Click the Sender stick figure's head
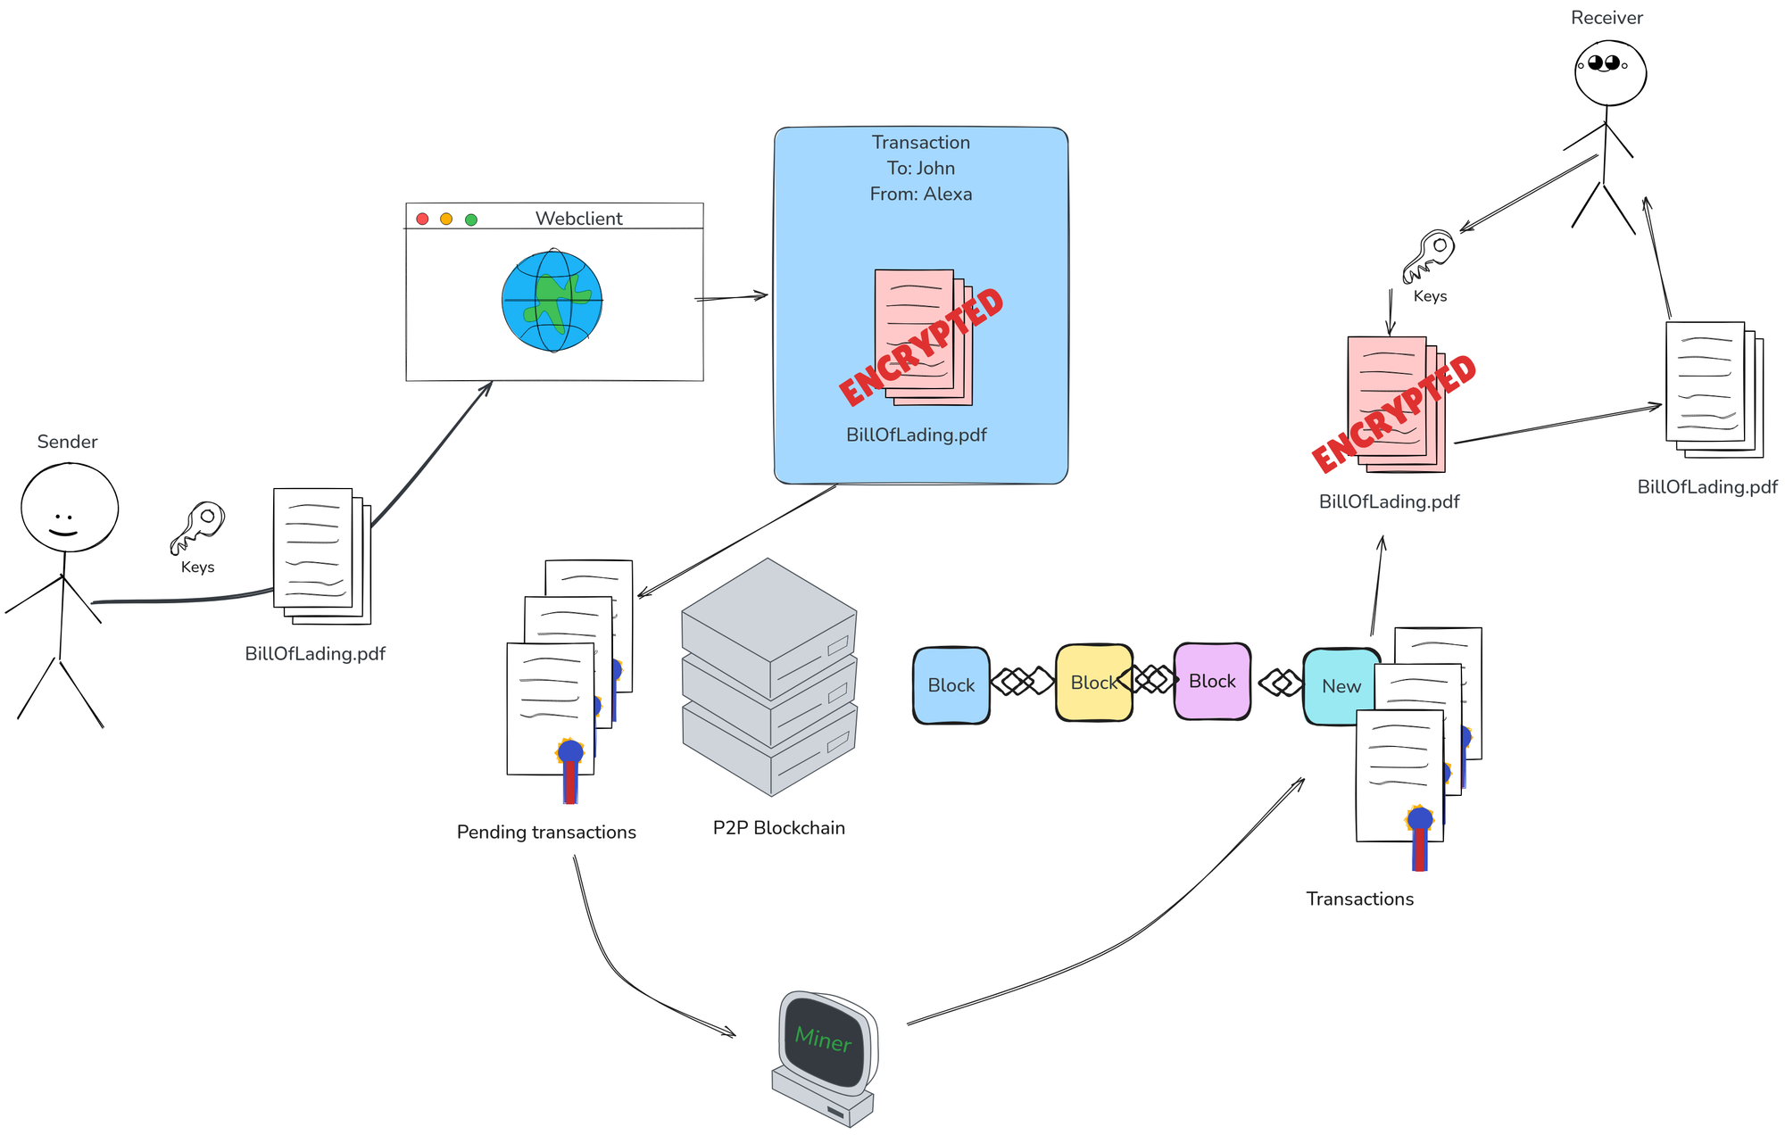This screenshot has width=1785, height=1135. point(70,507)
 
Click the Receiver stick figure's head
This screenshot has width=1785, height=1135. point(1610,71)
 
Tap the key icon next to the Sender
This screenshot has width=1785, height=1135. point(198,526)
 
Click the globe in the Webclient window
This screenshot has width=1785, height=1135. point(552,301)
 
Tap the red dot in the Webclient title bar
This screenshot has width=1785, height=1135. point(423,220)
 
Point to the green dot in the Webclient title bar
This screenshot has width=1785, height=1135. point(471,220)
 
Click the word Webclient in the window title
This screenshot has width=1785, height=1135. point(578,219)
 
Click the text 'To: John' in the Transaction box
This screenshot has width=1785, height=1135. point(921,169)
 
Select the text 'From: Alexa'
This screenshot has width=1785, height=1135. point(921,195)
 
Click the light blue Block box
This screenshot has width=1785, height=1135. point(951,685)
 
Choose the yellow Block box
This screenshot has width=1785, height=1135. point(1093,683)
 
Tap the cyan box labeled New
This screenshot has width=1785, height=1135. point(1339,686)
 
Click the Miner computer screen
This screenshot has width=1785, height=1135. point(823,1040)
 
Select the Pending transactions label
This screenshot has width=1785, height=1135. point(546,833)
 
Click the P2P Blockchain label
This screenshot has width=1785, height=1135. point(778,828)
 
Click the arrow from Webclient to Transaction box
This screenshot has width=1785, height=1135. point(732,297)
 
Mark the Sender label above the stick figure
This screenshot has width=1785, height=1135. point(67,442)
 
